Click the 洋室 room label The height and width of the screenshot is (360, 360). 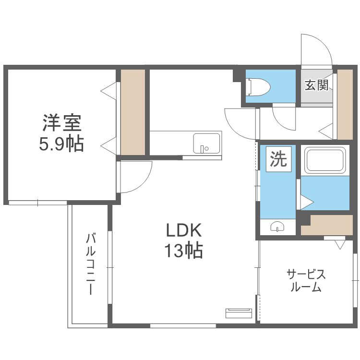(x=61, y=123)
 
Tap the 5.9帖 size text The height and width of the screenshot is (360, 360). (x=61, y=143)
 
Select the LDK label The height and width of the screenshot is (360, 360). (x=183, y=231)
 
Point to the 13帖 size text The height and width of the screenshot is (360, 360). (x=183, y=251)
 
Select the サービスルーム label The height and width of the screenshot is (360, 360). (x=306, y=281)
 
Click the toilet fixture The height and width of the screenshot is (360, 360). (x=258, y=87)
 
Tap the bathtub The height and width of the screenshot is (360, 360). (x=325, y=160)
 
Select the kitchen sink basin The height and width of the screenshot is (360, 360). (x=206, y=143)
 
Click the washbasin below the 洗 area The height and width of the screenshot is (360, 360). (x=277, y=227)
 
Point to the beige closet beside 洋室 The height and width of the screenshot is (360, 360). (x=132, y=112)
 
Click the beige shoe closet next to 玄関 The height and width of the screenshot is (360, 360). (x=345, y=104)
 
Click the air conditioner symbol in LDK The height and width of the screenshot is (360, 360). (x=238, y=313)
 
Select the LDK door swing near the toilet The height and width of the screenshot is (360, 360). (x=240, y=122)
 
